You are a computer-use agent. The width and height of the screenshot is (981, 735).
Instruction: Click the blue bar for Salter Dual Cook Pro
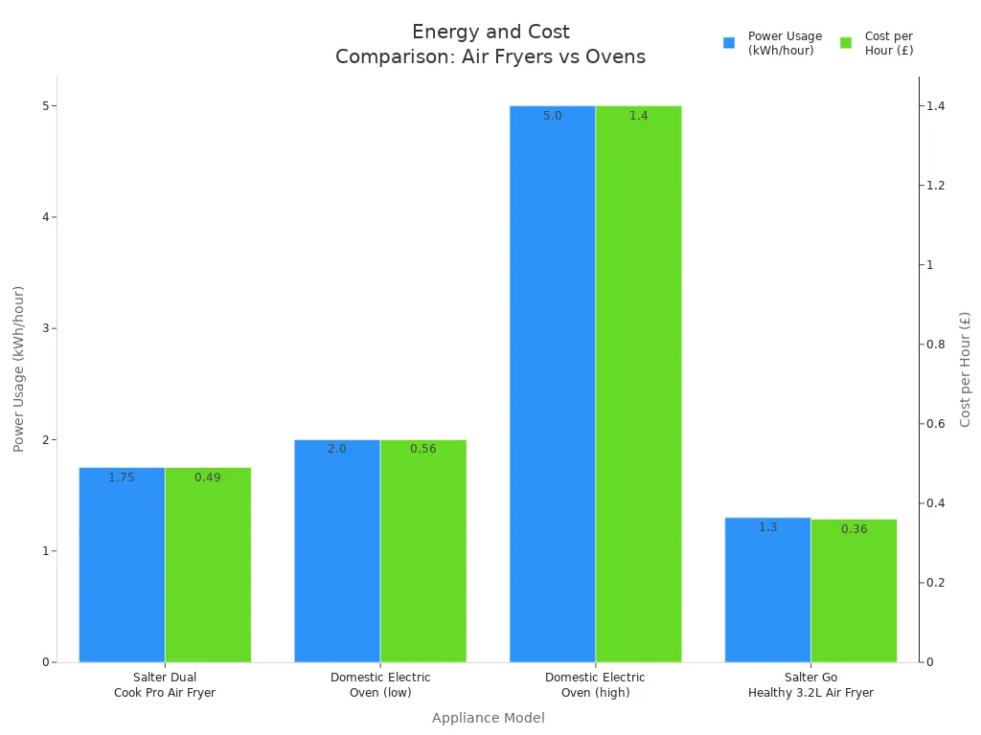click(122, 565)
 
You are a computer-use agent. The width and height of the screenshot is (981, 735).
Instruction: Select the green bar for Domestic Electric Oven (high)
click(638, 383)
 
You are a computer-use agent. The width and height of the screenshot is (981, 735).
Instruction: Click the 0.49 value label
click(207, 478)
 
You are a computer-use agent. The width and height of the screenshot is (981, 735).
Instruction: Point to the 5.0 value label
click(553, 116)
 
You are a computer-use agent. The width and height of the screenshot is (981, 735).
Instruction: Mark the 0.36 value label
click(854, 529)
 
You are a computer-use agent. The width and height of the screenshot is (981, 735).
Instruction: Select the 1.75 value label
click(122, 478)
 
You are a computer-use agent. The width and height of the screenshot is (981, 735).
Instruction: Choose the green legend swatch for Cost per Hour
click(846, 43)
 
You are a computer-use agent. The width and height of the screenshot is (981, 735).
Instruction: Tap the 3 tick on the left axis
click(44, 328)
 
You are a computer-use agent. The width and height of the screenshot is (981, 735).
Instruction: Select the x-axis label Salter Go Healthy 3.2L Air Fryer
click(810, 684)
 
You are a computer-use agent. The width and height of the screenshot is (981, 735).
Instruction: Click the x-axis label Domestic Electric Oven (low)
click(380, 684)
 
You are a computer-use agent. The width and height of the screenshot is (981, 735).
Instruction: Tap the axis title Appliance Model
click(488, 718)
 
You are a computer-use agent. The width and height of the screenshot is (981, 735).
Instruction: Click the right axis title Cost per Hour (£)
click(965, 368)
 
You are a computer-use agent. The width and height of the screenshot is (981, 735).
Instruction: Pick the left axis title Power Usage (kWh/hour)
click(18, 368)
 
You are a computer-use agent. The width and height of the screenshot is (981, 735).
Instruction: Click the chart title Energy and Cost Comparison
click(490, 44)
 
